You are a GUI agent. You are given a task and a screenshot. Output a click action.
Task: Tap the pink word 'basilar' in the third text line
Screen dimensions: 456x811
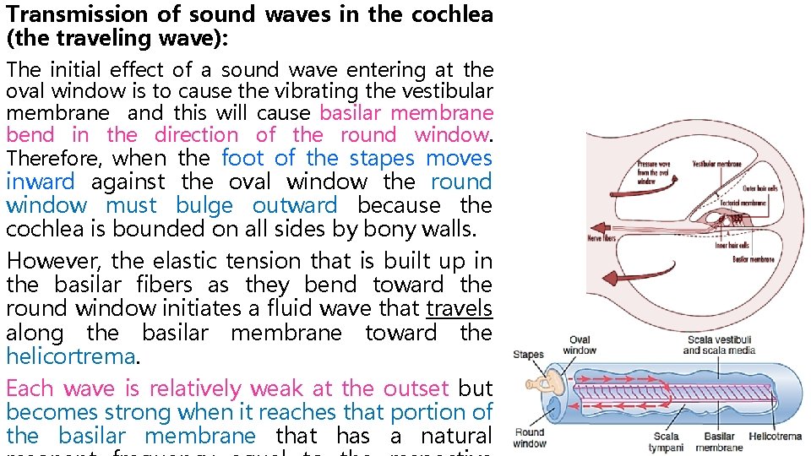click(x=349, y=112)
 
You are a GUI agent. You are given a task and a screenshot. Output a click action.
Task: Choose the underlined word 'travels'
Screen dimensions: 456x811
click(x=459, y=309)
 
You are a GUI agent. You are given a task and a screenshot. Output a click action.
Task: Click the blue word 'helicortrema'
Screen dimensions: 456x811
click(x=69, y=356)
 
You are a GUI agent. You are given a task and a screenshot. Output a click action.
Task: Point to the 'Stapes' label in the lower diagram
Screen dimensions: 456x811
click(x=528, y=355)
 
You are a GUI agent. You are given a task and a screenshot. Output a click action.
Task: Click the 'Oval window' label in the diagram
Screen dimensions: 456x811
click(x=580, y=345)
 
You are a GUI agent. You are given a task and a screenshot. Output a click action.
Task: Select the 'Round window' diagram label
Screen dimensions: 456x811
click(x=530, y=437)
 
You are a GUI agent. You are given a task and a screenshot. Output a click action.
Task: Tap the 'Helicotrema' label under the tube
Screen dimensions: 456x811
click(x=775, y=437)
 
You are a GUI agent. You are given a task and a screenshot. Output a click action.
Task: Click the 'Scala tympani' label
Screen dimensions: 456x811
click(x=667, y=442)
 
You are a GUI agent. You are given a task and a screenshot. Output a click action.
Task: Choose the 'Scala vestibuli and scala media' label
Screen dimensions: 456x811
click(x=719, y=345)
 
